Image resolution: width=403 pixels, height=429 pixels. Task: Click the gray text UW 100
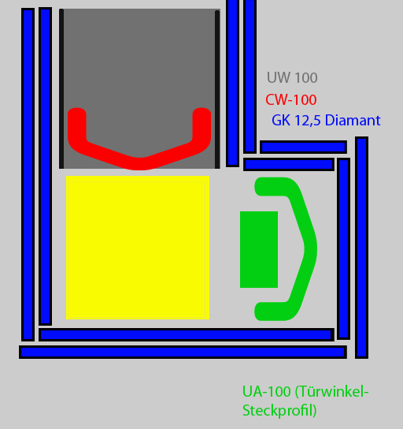(292, 78)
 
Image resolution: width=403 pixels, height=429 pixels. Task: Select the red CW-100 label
(291, 99)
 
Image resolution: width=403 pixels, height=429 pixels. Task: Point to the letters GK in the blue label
(281, 121)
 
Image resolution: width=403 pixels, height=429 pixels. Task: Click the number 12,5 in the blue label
(308, 121)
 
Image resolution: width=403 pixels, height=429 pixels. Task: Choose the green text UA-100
(267, 391)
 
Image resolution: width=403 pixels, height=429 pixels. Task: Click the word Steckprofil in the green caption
(279, 411)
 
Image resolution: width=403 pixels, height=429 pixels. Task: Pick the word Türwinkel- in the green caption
(332, 391)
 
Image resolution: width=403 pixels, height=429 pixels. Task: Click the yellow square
(138, 248)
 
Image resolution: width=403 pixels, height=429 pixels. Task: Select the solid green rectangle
(259, 249)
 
